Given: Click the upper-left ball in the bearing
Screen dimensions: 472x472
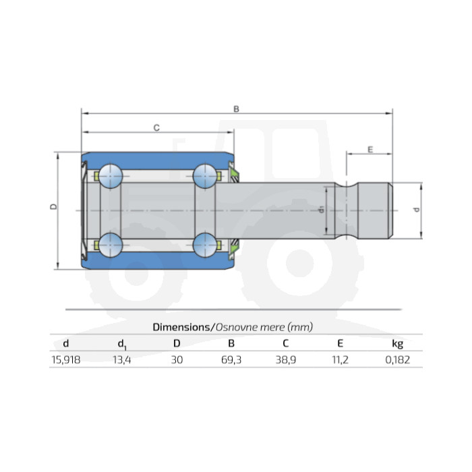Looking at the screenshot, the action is click(111, 176).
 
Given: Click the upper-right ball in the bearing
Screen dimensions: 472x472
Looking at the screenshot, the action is click(205, 176).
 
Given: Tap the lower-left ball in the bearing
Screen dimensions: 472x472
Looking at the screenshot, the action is click(111, 245).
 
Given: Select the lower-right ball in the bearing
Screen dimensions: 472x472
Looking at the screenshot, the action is click(205, 245).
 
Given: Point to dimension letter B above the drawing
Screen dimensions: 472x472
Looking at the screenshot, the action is click(236, 109).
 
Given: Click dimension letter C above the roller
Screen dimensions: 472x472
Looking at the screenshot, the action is click(156, 128).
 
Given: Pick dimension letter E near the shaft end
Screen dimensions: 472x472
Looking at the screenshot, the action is click(370, 150).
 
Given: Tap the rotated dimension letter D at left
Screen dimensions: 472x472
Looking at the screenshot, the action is click(53, 206).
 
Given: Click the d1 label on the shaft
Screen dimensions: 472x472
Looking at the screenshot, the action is click(322, 210).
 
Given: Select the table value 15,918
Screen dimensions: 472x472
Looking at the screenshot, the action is click(66, 359).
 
